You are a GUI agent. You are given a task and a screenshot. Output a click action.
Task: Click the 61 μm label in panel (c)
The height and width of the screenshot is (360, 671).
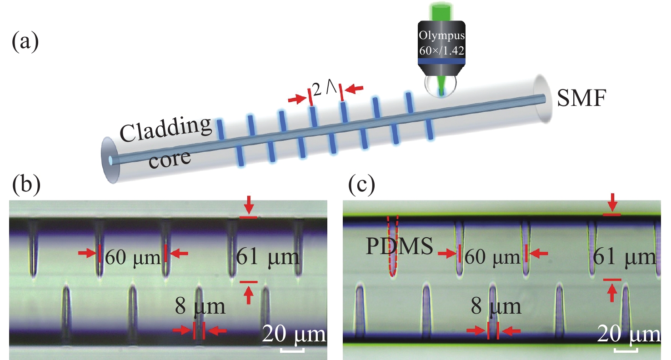625,258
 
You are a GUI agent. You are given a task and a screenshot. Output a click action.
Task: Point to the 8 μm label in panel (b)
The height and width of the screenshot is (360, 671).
200,306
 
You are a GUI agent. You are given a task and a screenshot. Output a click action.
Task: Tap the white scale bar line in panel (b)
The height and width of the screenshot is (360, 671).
291,350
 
